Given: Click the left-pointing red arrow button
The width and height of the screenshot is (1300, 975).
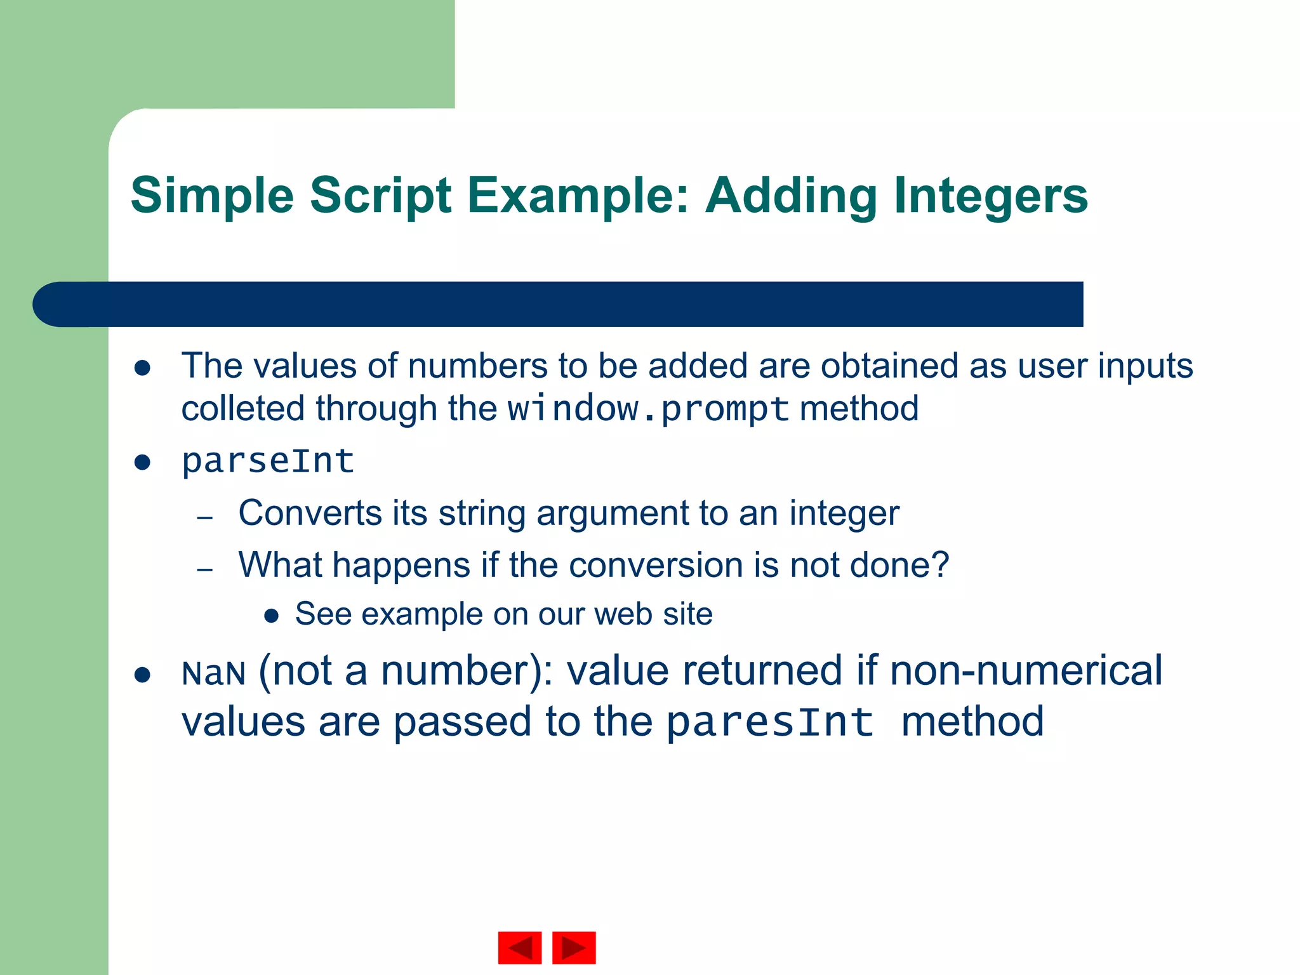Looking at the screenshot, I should tap(519, 948).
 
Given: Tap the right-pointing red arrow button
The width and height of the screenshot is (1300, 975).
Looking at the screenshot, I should tap(574, 948).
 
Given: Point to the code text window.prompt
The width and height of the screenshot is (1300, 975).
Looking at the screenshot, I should tap(648, 409).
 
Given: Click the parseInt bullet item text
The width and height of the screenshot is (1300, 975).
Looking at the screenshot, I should tap(267, 461).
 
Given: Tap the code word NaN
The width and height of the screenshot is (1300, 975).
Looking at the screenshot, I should tap(213, 673).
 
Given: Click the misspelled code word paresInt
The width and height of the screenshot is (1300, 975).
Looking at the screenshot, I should tap(770, 723).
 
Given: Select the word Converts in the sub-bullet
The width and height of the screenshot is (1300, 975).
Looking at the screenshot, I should tap(309, 513).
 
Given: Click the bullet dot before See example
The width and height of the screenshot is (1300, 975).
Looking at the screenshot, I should tap(272, 615).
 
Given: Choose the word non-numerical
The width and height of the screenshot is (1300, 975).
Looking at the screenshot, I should tap(1026, 671).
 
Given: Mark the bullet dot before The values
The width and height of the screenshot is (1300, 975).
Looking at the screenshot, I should tap(142, 368).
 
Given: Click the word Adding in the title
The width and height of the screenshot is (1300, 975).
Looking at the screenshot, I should tap(791, 196).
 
